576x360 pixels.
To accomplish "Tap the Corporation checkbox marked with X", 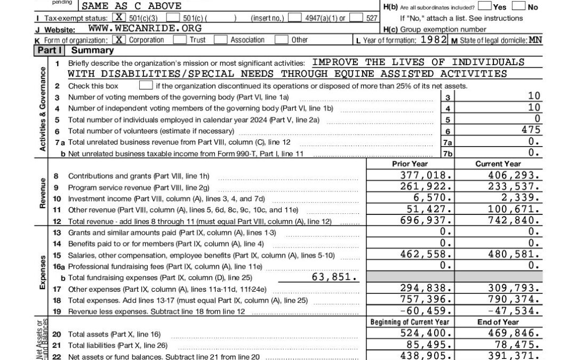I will tap(119, 40).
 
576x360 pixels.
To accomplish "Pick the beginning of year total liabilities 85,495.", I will tap(430, 345).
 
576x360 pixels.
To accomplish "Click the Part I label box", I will tap(50, 50).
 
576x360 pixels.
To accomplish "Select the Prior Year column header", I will tap(410, 164).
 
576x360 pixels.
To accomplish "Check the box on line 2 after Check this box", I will tap(145, 85).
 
